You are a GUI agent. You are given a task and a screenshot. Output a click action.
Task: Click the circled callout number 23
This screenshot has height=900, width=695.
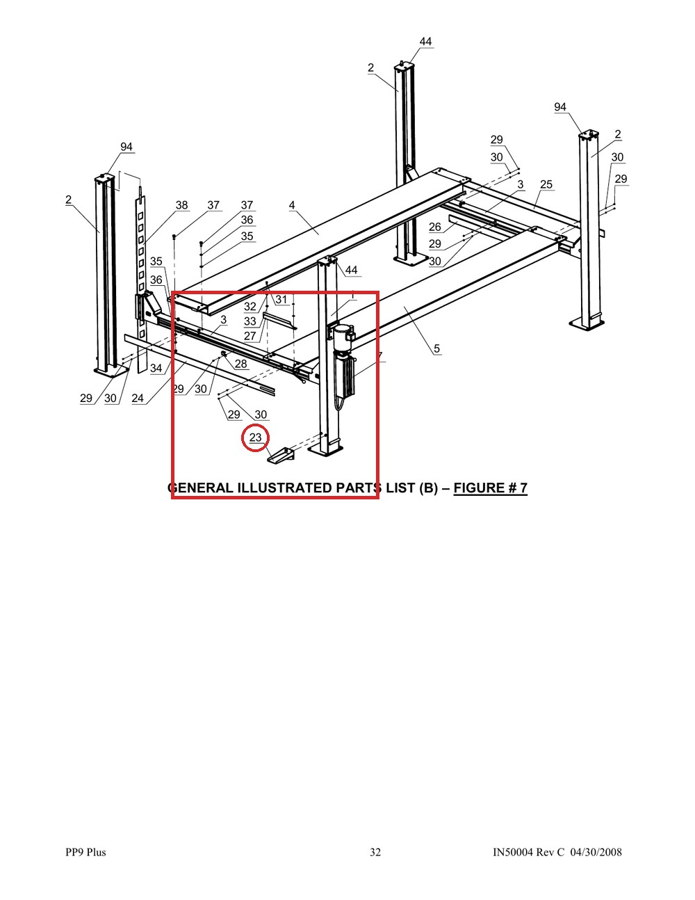(x=256, y=437)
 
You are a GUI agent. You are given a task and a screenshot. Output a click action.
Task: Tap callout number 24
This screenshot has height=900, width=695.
(x=138, y=399)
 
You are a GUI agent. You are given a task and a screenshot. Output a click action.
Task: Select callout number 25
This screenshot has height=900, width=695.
(x=546, y=185)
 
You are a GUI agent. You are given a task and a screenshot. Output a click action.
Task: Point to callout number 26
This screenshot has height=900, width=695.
(x=435, y=227)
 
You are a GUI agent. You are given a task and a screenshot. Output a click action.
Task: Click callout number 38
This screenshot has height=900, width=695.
(x=181, y=205)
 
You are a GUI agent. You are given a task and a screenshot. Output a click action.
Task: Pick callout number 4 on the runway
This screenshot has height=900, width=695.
(x=292, y=205)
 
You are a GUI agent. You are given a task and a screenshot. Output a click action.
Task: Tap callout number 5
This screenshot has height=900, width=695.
(x=437, y=348)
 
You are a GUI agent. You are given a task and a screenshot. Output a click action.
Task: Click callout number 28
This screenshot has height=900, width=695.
(x=240, y=364)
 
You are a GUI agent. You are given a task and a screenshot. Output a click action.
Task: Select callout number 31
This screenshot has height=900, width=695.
(x=281, y=300)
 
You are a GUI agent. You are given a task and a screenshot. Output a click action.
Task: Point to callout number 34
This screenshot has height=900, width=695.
(x=156, y=368)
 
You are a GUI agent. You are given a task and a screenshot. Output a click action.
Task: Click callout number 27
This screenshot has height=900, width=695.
(x=250, y=336)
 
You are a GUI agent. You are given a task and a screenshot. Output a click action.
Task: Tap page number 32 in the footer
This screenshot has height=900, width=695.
(x=375, y=852)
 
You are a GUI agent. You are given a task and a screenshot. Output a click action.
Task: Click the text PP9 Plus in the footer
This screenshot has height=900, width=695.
(x=85, y=852)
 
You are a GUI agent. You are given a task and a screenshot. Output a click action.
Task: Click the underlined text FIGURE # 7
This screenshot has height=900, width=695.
(x=490, y=488)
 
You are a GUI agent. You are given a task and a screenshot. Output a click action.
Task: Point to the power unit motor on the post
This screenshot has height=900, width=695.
(x=344, y=332)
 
